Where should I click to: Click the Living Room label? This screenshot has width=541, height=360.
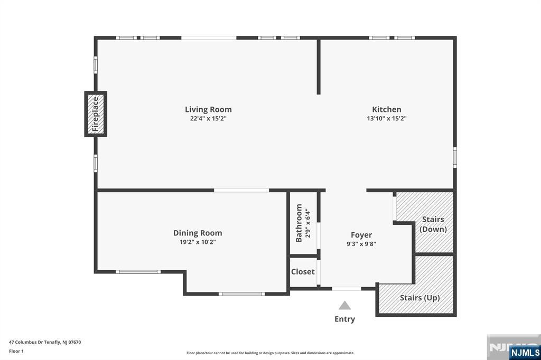pos(208,109)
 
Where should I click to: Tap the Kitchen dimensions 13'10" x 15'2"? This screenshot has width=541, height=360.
pos(387,119)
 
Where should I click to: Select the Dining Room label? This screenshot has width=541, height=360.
pos(198,233)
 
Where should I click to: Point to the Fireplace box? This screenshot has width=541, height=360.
pos(96,114)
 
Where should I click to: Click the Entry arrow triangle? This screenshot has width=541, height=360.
pos(344,306)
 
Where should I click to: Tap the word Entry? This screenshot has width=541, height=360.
pos(344,319)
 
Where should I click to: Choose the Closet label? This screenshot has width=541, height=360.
pos(303,272)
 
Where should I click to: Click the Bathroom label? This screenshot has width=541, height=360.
pos(299,223)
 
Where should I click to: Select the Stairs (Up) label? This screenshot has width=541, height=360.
pos(419,298)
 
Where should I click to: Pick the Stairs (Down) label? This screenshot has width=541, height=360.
pos(433,224)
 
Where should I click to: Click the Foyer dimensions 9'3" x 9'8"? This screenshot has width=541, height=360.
pos(361,244)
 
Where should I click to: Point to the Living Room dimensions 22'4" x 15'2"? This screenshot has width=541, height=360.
pos(208,119)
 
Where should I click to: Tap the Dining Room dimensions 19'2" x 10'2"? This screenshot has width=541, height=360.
pos(198,242)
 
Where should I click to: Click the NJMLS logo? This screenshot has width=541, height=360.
pos(524,352)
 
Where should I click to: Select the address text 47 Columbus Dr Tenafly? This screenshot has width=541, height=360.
pos(35,343)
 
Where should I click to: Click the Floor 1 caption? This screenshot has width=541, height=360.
pos(16,352)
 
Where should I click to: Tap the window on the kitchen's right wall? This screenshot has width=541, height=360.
pos(455,157)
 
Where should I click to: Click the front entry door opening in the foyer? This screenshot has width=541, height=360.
pos(347,289)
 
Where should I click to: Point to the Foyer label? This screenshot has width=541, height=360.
pos(361,235)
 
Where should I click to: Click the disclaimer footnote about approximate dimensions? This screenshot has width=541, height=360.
pos(270,353)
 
